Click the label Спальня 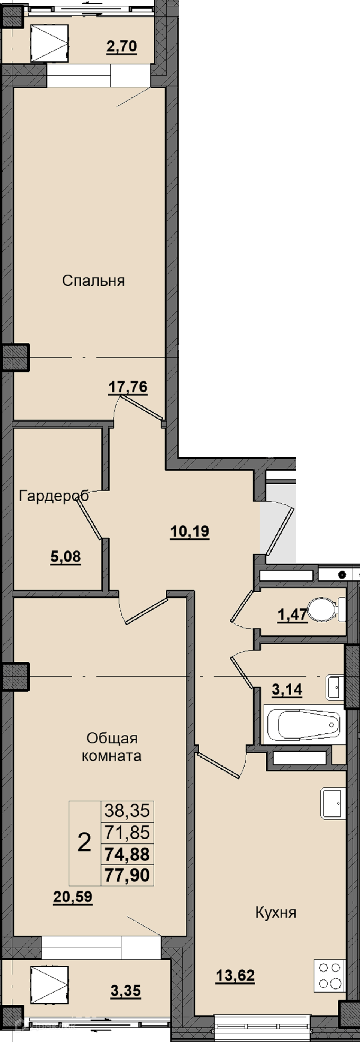pyautogui.click(x=93, y=280)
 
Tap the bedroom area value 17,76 pyautogui.click(x=128, y=387)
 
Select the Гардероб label pyautogui.click(x=54, y=496)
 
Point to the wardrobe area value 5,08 pyautogui.click(x=66, y=557)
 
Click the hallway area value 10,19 pyautogui.click(x=190, y=531)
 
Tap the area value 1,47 pyautogui.click(x=292, y=615)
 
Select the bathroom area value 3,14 pyautogui.click(x=287, y=690)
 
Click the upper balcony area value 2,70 pyautogui.click(x=122, y=46)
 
